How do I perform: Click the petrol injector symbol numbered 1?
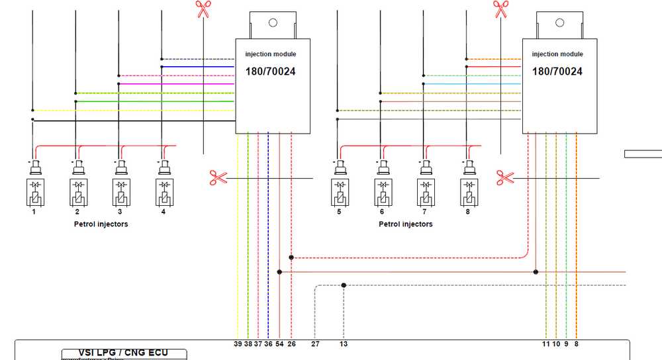point(34,193)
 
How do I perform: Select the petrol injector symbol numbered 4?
point(163,193)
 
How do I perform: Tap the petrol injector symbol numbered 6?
point(382,193)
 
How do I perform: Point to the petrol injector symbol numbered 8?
point(468,193)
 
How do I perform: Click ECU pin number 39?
point(238,344)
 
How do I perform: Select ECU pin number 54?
point(279,344)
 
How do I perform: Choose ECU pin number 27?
point(315,344)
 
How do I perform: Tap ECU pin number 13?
point(344,344)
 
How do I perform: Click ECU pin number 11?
point(546,344)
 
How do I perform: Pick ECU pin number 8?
point(576,344)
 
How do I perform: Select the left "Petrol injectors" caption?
point(101,224)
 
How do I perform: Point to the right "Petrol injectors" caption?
point(405,224)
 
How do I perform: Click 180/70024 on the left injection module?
point(270,71)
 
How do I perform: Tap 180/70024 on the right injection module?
point(557,71)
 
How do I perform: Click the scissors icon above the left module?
point(203,9)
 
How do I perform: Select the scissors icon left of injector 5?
point(218,177)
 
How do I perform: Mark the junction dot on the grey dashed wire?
point(344,285)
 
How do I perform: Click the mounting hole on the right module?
point(559,22)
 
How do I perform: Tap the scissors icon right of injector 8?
point(505,177)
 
